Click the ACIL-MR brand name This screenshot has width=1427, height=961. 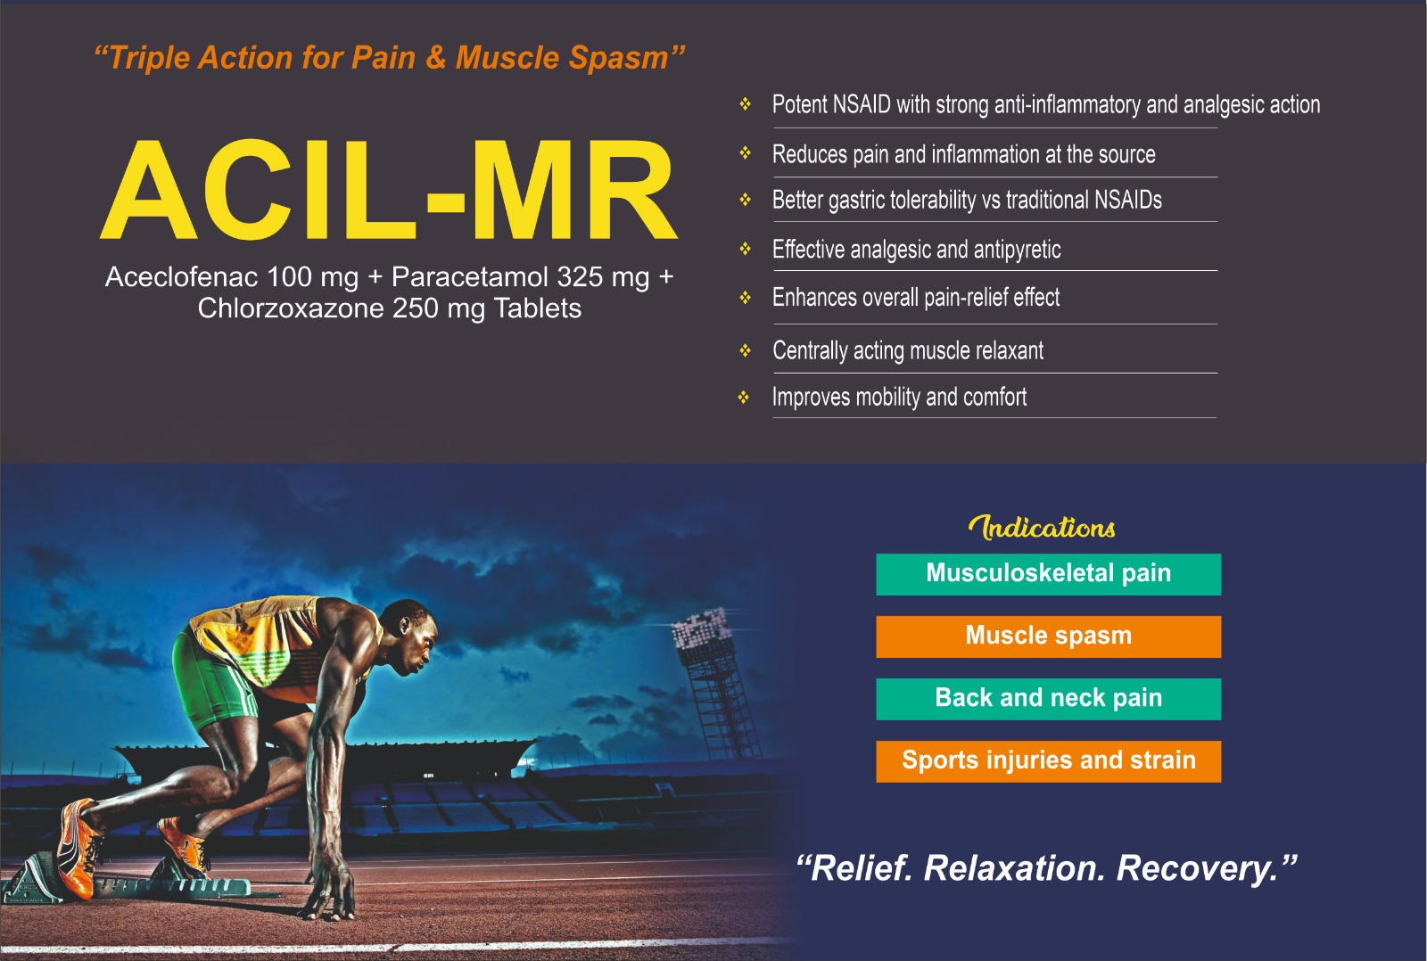(x=389, y=190)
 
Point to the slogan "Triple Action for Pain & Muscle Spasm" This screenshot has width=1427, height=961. (x=389, y=58)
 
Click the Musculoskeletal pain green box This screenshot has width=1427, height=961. (x=1048, y=574)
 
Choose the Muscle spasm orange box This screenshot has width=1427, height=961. (x=1048, y=637)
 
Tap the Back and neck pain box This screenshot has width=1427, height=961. (x=1048, y=699)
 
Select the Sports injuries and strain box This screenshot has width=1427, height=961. (x=1048, y=761)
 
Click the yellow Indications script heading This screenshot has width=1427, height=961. (x=1042, y=527)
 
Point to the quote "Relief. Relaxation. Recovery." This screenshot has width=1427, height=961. (x=1045, y=868)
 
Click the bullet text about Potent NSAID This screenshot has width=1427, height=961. (x=1045, y=105)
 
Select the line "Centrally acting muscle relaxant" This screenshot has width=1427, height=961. (x=907, y=351)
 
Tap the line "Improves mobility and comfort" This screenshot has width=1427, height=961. (x=899, y=398)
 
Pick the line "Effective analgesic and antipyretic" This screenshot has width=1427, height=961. (x=916, y=250)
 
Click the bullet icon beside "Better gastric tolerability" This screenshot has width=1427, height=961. (x=746, y=201)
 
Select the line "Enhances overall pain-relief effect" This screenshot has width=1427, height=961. (x=915, y=298)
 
